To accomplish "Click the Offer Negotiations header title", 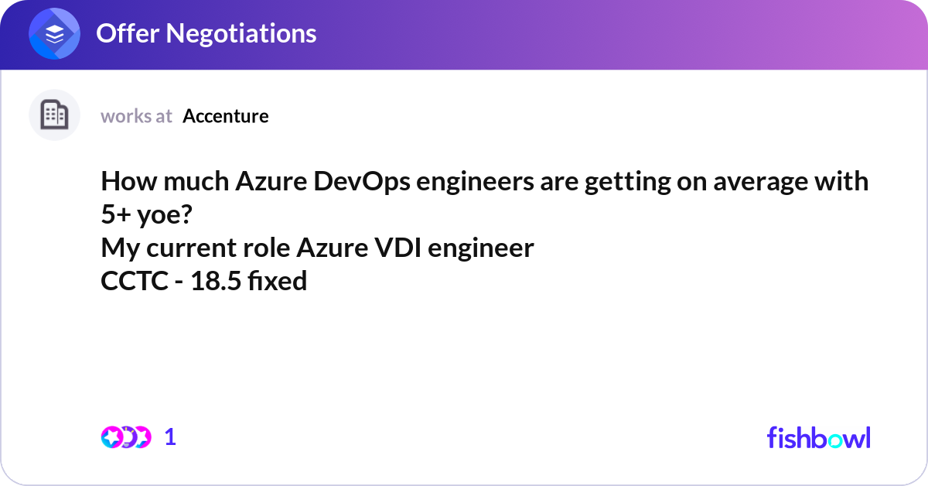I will tap(206, 33).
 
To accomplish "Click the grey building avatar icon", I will tap(54, 115).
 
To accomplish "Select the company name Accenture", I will tap(226, 116).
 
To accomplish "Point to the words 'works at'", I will tap(136, 116).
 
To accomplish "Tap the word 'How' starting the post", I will tap(125, 182).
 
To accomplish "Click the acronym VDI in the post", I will tap(404, 248).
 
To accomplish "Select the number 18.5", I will tap(217, 282).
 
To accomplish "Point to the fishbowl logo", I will tap(818, 437).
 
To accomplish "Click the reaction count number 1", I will tap(171, 437).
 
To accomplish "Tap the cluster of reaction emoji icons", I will tap(125, 437).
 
